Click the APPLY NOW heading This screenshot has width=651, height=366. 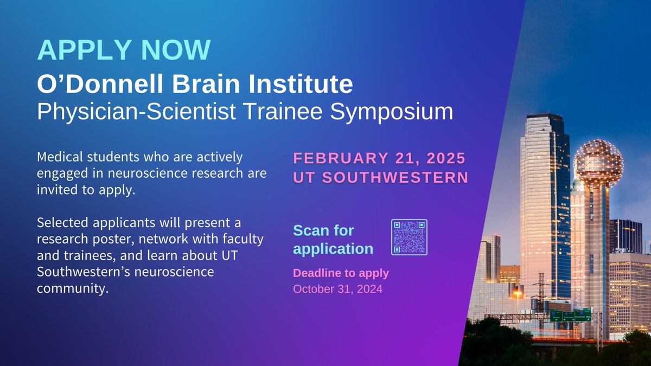click(x=124, y=50)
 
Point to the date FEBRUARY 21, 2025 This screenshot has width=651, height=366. click(x=379, y=158)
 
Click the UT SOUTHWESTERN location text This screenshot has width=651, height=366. click(x=380, y=177)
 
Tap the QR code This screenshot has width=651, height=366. click(x=409, y=237)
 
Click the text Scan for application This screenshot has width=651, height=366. click(x=333, y=240)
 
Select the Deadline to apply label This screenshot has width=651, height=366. click(x=341, y=273)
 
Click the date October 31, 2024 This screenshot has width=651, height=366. click(x=337, y=289)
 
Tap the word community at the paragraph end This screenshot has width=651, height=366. click(x=73, y=287)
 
